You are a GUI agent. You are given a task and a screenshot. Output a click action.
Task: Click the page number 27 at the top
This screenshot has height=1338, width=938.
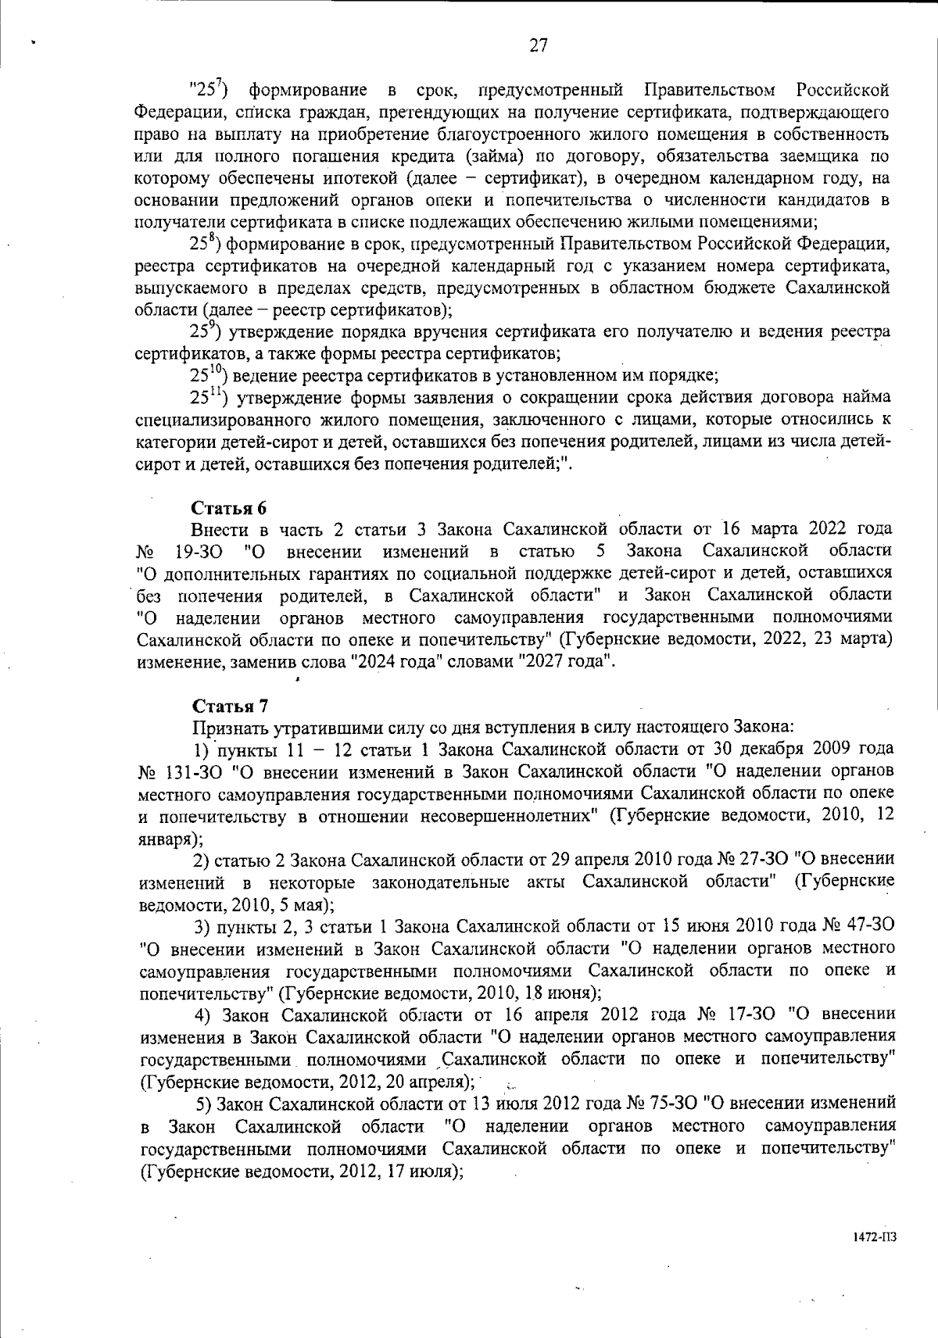pos(539,45)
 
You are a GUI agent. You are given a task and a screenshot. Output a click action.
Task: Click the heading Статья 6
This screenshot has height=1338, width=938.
pos(231,508)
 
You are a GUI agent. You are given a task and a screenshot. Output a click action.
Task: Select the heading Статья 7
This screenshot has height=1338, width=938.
pos(231,706)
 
